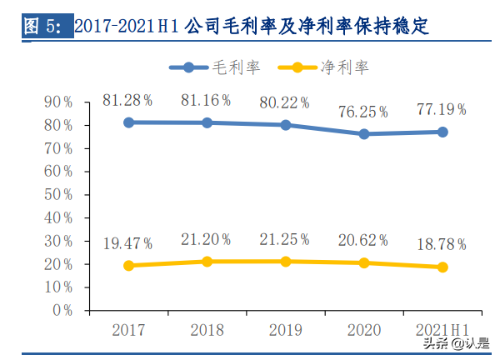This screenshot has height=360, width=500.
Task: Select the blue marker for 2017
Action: tap(128, 122)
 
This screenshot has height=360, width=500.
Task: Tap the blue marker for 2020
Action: tap(364, 133)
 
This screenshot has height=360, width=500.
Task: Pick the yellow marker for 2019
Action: tap(286, 262)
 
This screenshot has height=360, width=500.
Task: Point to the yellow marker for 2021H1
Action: tap(442, 267)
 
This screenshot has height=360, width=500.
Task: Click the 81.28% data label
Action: tap(127, 100)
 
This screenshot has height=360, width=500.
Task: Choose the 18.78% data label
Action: tap(442, 245)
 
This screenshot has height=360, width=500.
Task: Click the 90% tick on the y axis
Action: tap(58, 102)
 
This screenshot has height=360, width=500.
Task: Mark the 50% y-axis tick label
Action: tap(58, 194)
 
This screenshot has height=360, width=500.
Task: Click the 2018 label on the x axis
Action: tap(207, 328)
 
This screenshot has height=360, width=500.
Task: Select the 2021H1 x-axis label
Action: tap(442, 328)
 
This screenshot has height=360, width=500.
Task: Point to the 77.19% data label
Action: tap(442, 110)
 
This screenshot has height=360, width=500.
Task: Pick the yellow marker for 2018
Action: tap(207, 262)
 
